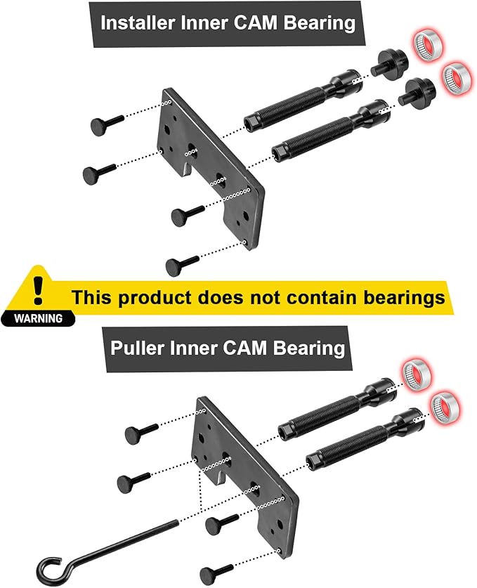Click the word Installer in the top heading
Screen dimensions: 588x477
click(x=134, y=23)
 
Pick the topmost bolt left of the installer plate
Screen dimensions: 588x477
click(x=106, y=124)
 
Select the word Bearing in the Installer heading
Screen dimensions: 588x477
click(x=320, y=23)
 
